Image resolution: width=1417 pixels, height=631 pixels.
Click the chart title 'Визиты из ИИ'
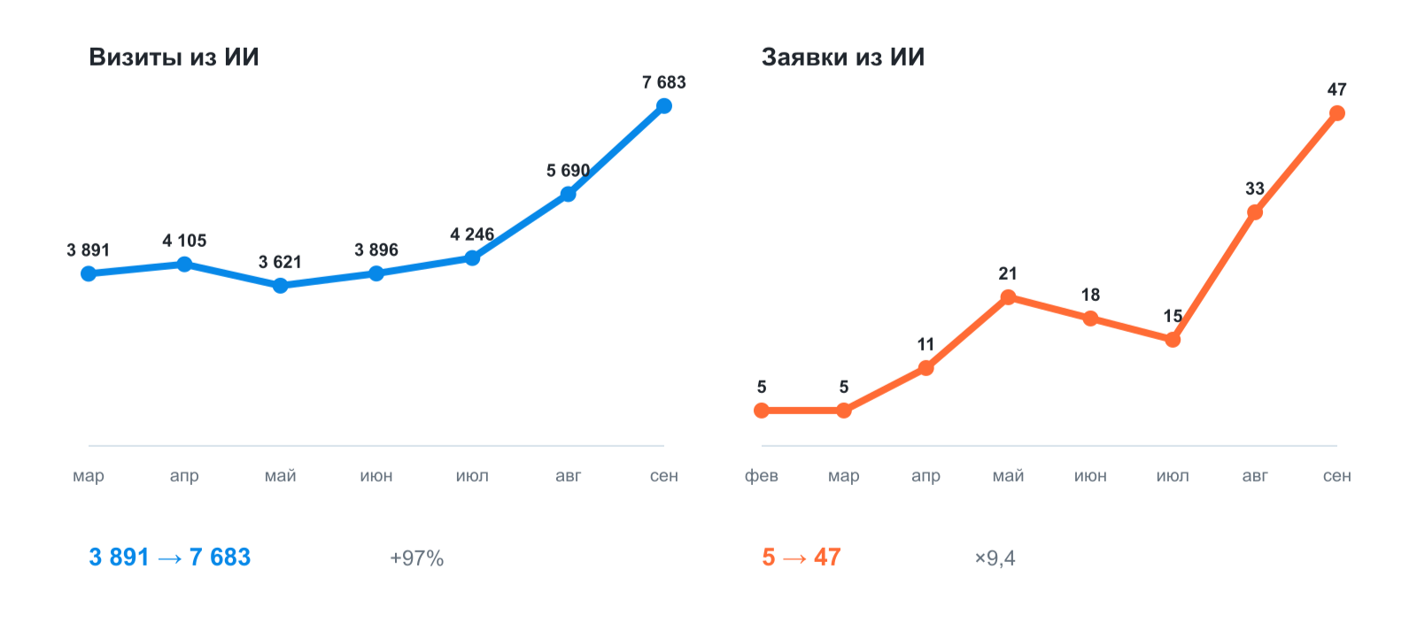click(x=174, y=57)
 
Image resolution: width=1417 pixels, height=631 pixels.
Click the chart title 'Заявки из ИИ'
click(x=842, y=57)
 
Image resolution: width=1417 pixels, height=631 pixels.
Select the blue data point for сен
click(x=663, y=106)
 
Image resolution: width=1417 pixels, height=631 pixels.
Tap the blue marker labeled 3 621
click(x=280, y=286)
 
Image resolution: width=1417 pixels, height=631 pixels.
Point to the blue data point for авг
click(x=568, y=194)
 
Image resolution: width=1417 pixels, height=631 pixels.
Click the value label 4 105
click(x=184, y=241)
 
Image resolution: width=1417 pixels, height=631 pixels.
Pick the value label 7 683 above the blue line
click(x=663, y=83)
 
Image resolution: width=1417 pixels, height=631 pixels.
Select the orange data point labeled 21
click(x=1009, y=297)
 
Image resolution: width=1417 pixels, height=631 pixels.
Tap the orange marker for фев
click(x=762, y=411)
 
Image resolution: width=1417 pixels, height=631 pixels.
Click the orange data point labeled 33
click(x=1255, y=212)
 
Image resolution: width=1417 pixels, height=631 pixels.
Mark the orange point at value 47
click(x=1337, y=113)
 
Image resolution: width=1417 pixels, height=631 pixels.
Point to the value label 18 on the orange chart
click(x=1090, y=295)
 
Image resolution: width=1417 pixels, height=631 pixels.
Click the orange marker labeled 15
click(x=1173, y=340)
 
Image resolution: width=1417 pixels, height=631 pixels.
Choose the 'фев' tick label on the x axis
click(x=761, y=475)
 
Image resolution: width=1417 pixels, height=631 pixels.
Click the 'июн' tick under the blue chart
click(x=376, y=475)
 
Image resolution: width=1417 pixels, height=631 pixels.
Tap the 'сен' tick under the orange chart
click(x=1337, y=475)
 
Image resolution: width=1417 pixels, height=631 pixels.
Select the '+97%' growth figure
click(x=417, y=558)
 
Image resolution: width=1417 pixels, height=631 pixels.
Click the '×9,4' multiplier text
click(x=995, y=558)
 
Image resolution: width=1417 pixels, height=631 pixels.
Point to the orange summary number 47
click(x=827, y=557)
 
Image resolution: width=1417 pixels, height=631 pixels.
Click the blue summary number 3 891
click(x=119, y=557)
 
